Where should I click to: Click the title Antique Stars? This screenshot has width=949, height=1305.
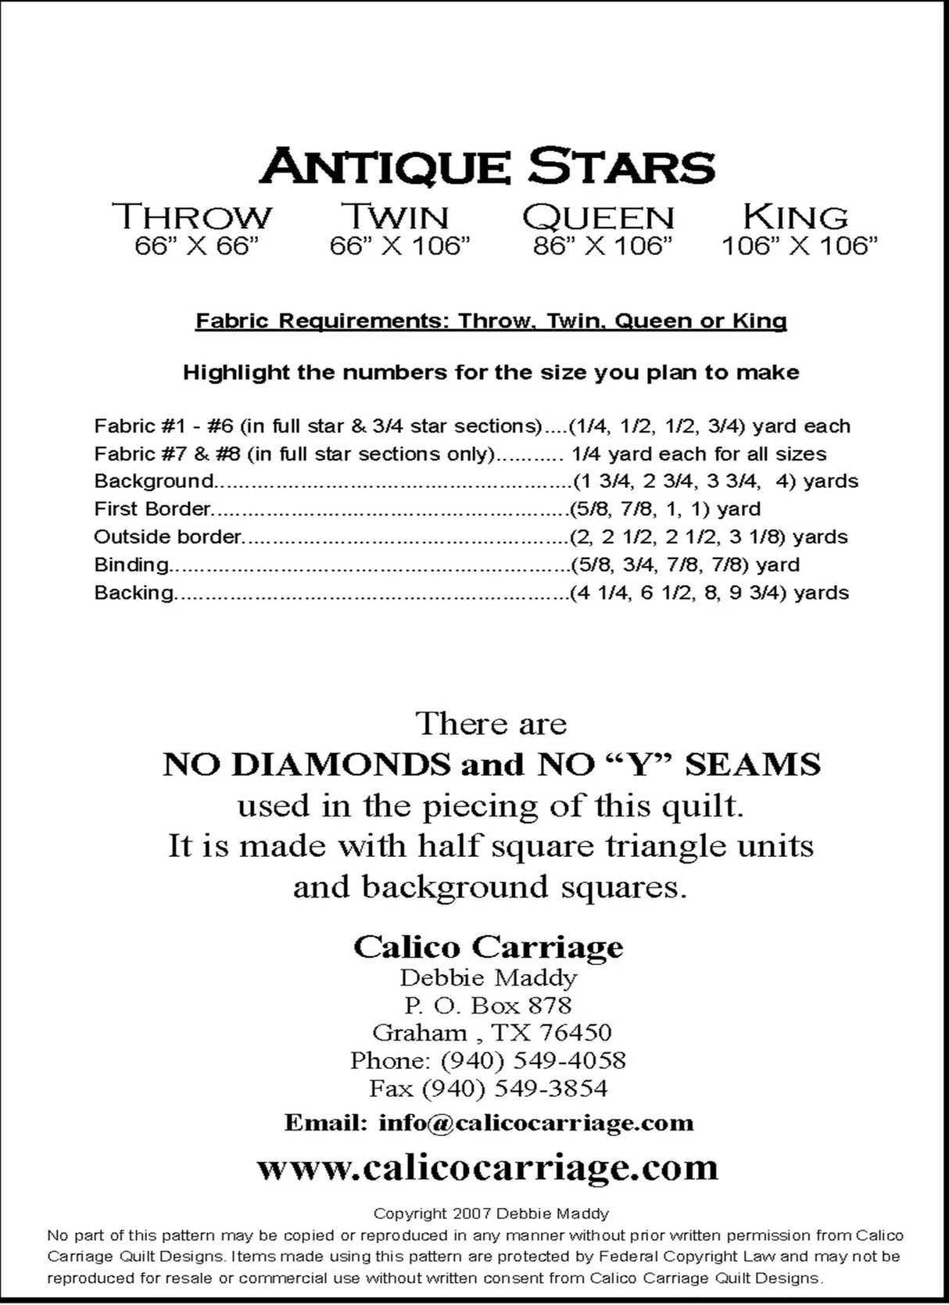[487, 166]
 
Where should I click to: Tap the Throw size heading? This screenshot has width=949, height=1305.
[192, 217]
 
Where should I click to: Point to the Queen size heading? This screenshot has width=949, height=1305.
[598, 217]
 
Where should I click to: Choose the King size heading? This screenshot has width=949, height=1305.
[795, 217]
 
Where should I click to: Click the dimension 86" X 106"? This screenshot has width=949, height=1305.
[603, 247]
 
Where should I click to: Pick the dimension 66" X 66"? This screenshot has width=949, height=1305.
[196, 247]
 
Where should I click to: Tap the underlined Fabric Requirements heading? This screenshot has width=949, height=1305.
[491, 321]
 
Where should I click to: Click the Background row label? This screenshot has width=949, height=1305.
[153, 481]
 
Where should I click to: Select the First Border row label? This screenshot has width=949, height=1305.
[152, 509]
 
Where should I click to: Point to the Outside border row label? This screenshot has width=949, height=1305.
[167, 537]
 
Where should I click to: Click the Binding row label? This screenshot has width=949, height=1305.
[131, 565]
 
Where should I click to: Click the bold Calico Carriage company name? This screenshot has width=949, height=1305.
[488, 947]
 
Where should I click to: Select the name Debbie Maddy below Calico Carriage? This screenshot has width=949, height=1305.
[488, 977]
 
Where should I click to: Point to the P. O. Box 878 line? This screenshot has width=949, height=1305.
[488, 1005]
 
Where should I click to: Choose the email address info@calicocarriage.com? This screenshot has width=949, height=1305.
[535, 1123]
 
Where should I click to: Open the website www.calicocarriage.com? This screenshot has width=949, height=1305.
[487, 1167]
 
